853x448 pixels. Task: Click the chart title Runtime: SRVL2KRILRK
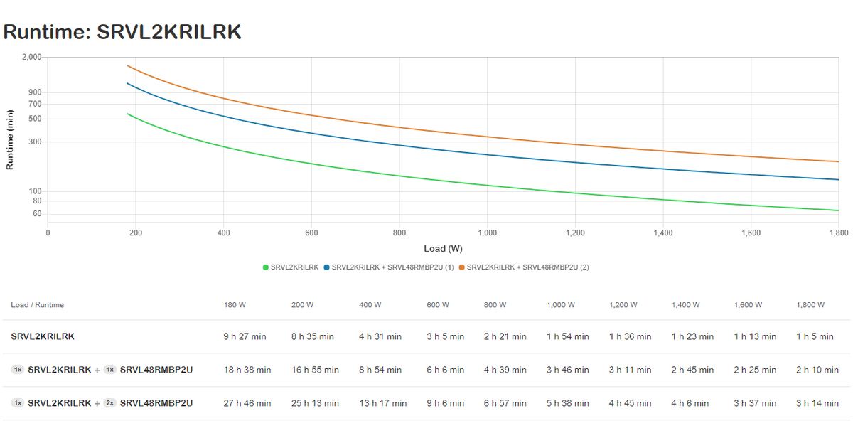pos(122,32)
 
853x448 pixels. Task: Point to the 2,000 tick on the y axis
pos(32,57)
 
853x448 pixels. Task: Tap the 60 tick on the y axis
pos(37,214)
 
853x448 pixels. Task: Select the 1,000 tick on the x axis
pos(487,233)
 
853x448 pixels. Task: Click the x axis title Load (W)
pos(443,249)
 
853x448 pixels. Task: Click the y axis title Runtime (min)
pos(10,139)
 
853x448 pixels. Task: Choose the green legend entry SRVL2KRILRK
pos(291,267)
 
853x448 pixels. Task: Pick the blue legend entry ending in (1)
pos(388,267)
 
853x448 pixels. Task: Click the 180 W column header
pos(235,305)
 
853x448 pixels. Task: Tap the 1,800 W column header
pos(810,305)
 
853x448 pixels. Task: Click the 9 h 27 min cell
pos(245,337)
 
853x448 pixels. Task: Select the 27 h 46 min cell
pos(247,403)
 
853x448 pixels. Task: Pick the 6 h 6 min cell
pos(445,370)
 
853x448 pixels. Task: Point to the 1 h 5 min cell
pos(815,337)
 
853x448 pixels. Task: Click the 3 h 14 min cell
pos(817,403)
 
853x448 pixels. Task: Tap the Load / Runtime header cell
pos(38,305)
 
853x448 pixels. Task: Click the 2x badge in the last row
pos(110,403)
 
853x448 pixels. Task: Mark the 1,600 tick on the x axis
pos(751,233)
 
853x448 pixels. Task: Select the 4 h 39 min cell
pos(505,370)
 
